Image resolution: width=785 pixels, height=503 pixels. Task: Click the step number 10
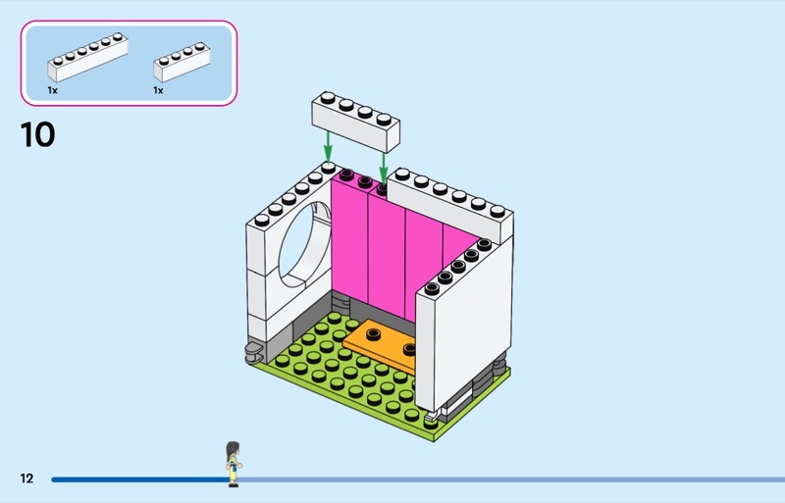click(x=38, y=134)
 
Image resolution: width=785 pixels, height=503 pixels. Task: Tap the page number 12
click(x=26, y=478)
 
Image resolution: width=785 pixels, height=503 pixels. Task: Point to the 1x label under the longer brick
click(x=52, y=90)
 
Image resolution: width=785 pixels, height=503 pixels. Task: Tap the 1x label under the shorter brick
click(x=158, y=90)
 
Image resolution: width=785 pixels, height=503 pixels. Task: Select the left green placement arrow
click(x=328, y=148)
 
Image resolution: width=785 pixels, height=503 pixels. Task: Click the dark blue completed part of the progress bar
click(x=137, y=479)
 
